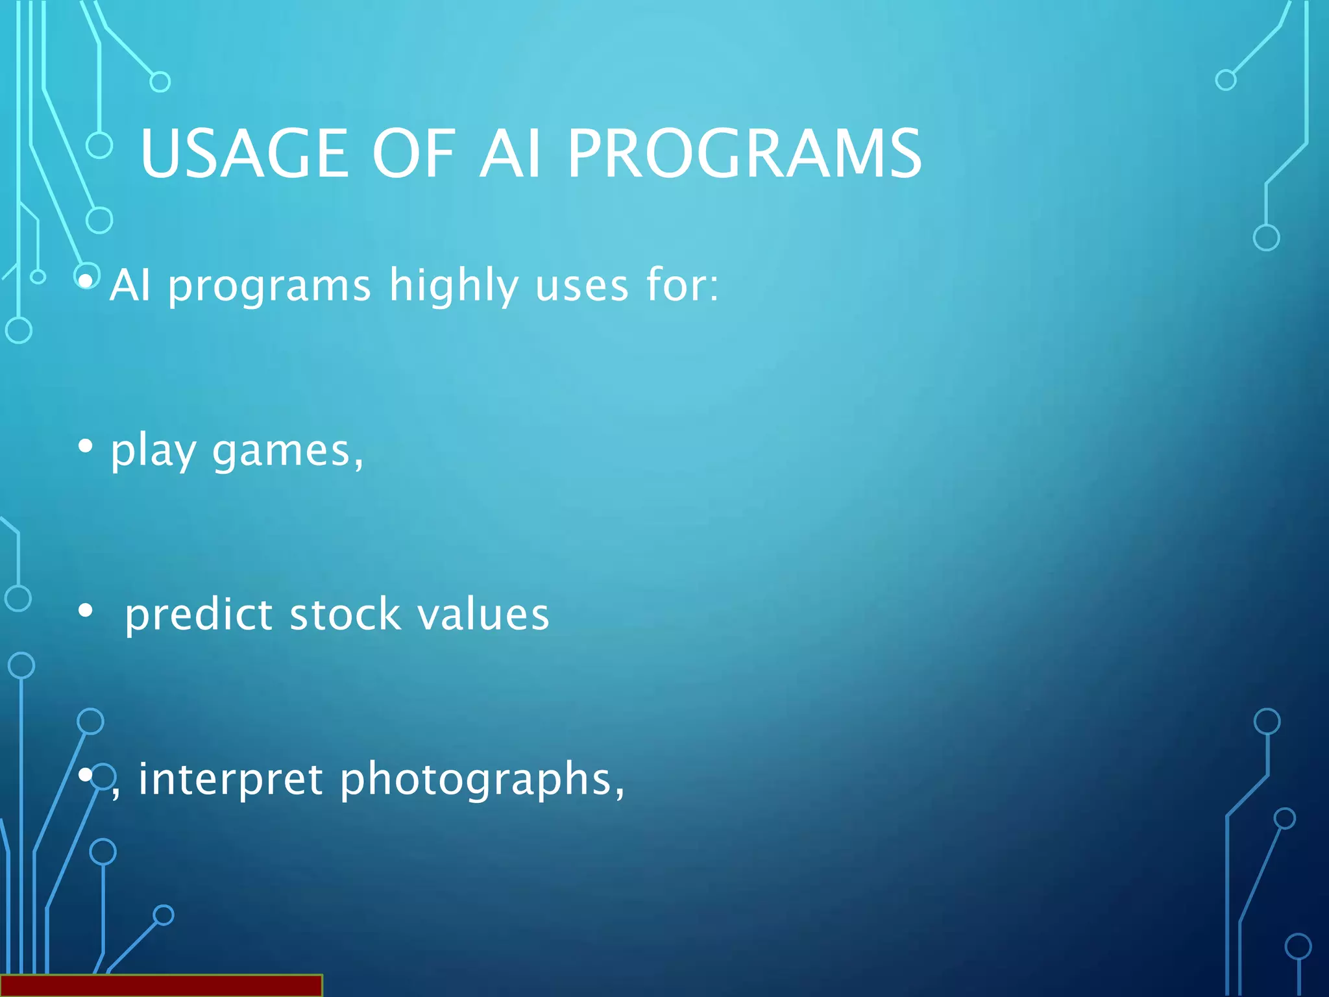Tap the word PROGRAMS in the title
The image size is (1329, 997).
[x=744, y=154]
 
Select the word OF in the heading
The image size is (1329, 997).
[x=415, y=154]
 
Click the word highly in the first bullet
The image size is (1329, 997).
[x=454, y=286]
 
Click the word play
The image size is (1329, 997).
[x=153, y=451]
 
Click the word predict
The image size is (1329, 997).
[x=199, y=615]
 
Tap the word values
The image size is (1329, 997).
[x=483, y=615]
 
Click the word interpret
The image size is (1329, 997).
[x=230, y=780]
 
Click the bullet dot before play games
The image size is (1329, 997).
[x=85, y=447]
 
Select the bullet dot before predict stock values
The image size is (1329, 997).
[x=85, y=611]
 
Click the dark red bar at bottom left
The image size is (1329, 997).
[x=161, y=985]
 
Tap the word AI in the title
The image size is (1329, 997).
[x=510, y=154]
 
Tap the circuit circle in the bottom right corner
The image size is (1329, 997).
[x=1298, y=946]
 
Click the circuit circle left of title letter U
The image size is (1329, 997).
[x=99, y=145]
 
